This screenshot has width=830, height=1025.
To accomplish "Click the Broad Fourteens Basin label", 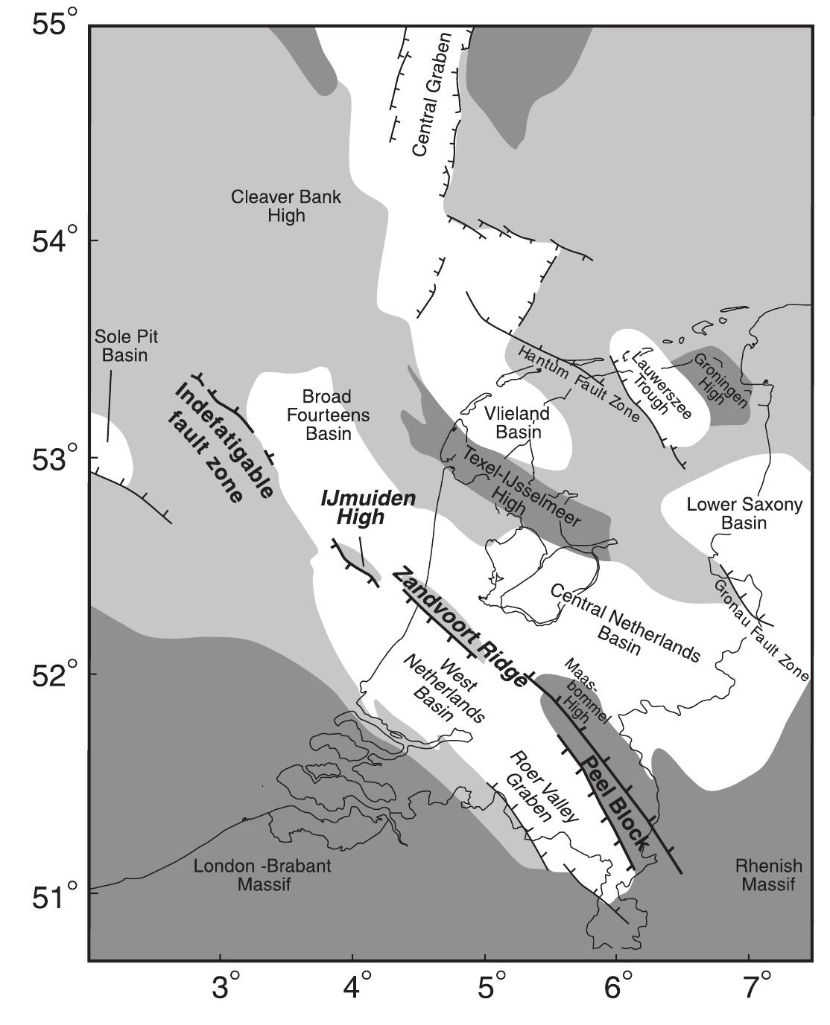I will (x=328, y=415).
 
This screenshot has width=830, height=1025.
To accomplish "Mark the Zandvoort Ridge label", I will (x=460, y=625).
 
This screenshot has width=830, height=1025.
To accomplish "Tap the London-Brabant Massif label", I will (x=262, y=875).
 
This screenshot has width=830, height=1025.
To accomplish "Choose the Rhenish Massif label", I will (x=768, y=875).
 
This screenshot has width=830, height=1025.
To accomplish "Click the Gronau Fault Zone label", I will (x=760, y=630).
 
